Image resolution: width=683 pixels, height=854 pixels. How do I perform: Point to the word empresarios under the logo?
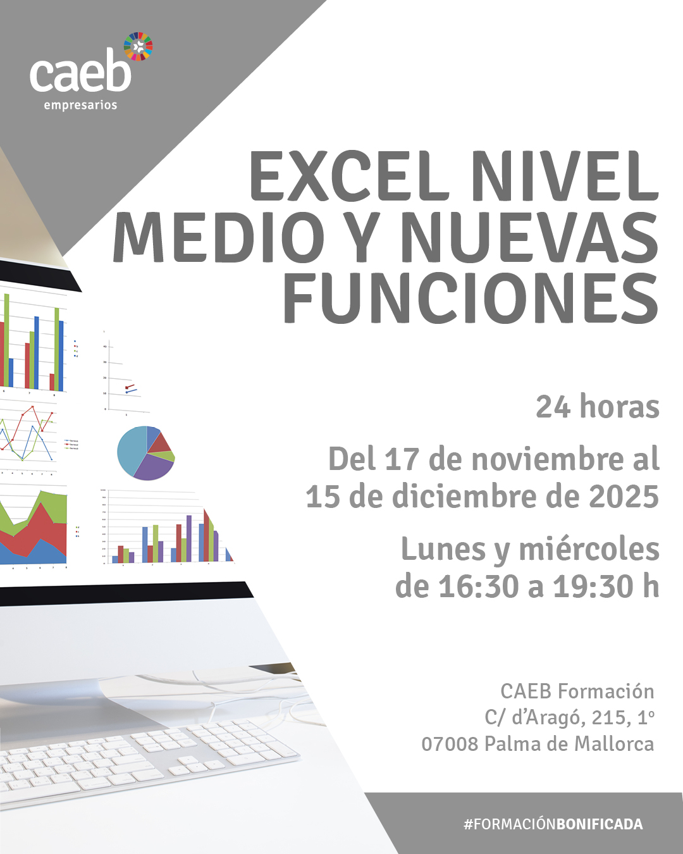[x=80, y=106]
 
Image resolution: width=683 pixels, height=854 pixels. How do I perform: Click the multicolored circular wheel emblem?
[x=138, y=46]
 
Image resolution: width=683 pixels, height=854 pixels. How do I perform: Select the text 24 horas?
[x=598, y=407]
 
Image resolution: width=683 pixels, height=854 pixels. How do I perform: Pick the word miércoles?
[x=589, y=549]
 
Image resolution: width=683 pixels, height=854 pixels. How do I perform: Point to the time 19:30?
[x=593, y=586]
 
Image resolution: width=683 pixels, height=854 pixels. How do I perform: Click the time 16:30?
[x=479, y=586]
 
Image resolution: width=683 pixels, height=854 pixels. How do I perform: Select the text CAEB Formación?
[x=577, y=691]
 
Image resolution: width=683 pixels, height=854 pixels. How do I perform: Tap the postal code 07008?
[x=450, y=744]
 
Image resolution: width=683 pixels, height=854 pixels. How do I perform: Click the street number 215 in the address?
[x=610, y=717]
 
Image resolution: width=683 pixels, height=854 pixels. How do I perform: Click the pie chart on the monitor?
[x=146, y=453]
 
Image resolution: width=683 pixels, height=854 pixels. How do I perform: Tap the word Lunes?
[x=443, y=549]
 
